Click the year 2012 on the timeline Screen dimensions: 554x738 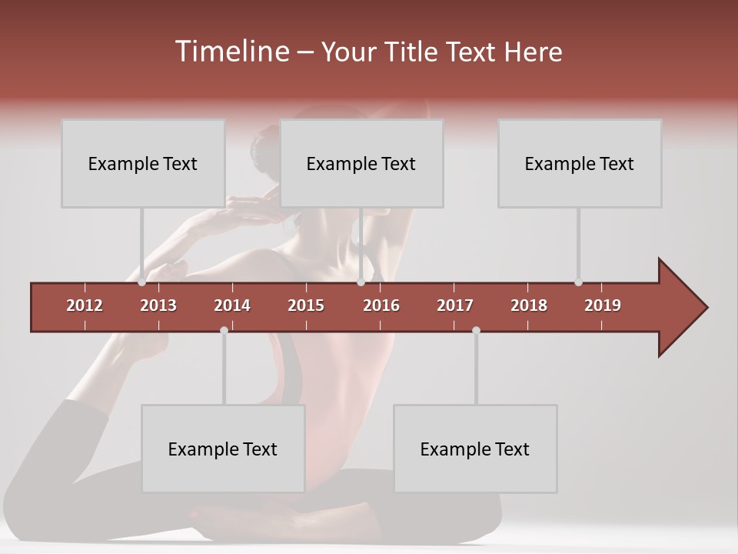point(85,305)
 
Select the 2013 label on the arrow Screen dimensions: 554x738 point(158,305)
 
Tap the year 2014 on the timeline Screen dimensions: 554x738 point(232,305)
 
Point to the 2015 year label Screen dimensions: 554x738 point(306,305)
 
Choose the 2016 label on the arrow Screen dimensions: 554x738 point(381,305)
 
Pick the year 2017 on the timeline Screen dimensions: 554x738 point(455,305)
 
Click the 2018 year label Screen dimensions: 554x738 point(529,305)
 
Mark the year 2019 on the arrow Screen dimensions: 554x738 point(603,305)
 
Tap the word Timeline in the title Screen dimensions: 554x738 point(231,52)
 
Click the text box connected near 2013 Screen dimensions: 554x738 point(143,163)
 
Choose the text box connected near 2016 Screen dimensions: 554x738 point(361,163)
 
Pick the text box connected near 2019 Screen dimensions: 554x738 point(580,163)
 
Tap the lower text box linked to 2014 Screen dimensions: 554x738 point(223,449)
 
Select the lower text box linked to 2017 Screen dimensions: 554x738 point(475,449)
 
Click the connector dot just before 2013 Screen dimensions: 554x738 point(142,282)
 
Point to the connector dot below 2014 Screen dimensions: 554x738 point(224,330)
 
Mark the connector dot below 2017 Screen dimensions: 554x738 point(476,330)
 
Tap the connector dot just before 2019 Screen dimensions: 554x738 point(579,282)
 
